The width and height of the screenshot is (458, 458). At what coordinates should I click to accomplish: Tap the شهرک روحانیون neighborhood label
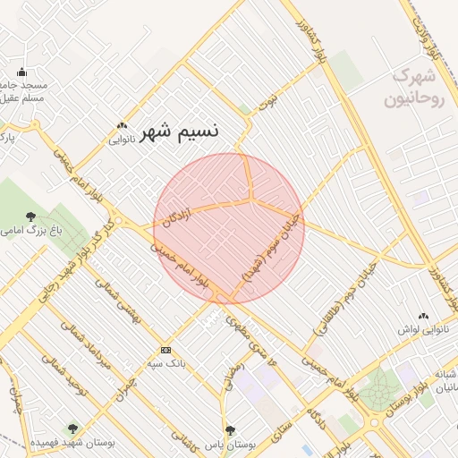point(414,87)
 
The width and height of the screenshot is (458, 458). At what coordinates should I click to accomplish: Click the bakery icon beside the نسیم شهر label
point(122,127)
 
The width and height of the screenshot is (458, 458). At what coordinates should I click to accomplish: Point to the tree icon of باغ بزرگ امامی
point(32,216)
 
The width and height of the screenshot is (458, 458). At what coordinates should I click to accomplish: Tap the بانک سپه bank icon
point(165,350)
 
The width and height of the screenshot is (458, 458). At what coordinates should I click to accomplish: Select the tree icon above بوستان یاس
point(230,430)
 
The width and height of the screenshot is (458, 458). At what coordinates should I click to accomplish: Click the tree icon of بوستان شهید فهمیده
point(72,429)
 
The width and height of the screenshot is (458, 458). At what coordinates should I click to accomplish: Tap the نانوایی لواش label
point(421,329)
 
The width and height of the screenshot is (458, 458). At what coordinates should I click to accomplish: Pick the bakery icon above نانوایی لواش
point(422,316)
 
